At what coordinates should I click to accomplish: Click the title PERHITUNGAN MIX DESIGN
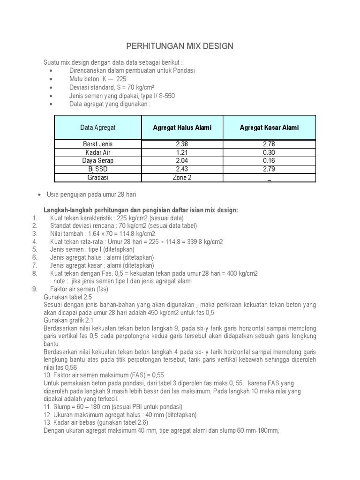point(180,46)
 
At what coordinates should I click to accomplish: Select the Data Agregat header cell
point(98,127)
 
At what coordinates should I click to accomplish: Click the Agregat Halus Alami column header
point(182,127)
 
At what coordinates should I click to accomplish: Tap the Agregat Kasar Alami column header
point(269,127)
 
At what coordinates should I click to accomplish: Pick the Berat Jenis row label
point(98,144)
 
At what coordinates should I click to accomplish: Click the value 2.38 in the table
point(182,144)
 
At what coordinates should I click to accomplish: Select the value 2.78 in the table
point(269,144)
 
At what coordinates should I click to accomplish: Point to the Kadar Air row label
point(98,152)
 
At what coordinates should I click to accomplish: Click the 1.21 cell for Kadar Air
point(182,152)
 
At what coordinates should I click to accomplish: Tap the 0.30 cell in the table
point(269,152)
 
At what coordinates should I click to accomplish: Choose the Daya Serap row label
point(98,161)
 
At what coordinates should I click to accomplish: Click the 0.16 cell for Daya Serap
point(269,161)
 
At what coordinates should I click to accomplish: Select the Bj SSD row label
point(98,169)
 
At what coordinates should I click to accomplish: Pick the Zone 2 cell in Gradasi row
point(182,178)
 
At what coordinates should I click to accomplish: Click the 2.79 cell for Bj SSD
point(269,169)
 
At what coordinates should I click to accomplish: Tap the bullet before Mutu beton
point(51,79)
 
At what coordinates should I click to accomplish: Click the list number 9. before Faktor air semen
point(35,289)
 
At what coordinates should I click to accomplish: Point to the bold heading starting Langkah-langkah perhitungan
point(141,210)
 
